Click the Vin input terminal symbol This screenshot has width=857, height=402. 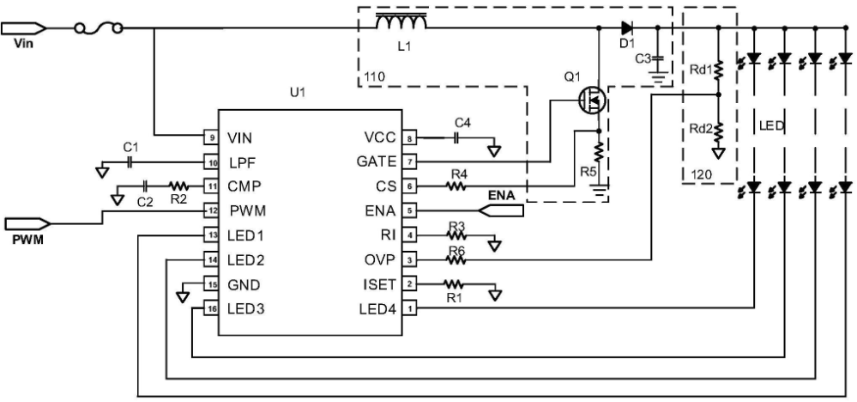coord(22,27)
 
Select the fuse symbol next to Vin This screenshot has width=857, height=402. coord(98,27)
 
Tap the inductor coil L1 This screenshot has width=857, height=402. coord(401,22)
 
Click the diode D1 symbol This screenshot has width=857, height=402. coord(627,27)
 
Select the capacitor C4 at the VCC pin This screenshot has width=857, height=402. coord(457,139)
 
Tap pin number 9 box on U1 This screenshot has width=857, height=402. coord(210,138)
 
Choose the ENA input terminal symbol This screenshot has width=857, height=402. coord(501,210)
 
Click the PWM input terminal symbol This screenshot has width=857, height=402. coord(27,223)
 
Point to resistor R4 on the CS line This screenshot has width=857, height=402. coord(456,186)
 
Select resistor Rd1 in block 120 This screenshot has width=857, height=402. coord(718,70)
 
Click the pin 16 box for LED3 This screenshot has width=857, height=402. coord(210,309)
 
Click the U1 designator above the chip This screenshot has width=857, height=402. coord(298,93)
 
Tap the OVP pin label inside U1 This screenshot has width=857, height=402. coord(380,259)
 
